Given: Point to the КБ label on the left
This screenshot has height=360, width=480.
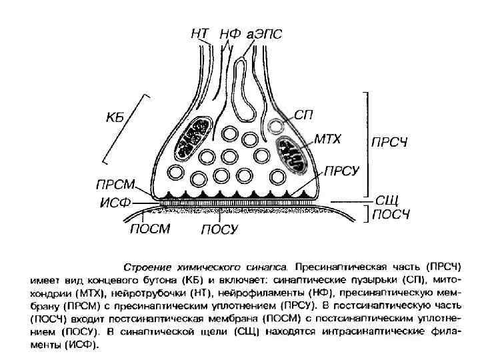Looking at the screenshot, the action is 117,119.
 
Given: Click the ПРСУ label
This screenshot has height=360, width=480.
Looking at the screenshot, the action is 341,171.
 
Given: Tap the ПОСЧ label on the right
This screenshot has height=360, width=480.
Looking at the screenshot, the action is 390,215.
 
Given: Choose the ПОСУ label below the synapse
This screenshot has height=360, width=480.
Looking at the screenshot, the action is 220,229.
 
